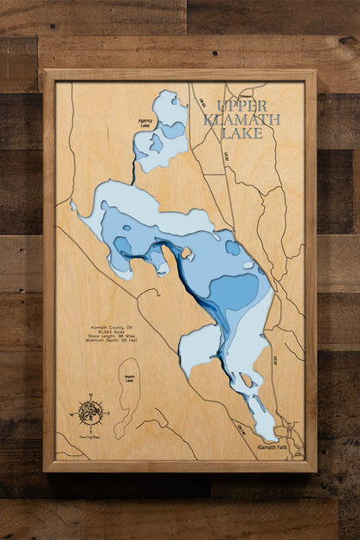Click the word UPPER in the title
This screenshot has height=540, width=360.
point(243,106)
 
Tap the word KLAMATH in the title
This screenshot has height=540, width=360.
point(242,119)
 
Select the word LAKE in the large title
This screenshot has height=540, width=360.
point(242,133)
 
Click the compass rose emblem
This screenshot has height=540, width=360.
point(89,413)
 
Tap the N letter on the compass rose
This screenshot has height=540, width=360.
point(89,395)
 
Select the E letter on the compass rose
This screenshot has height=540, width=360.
point(106,413)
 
